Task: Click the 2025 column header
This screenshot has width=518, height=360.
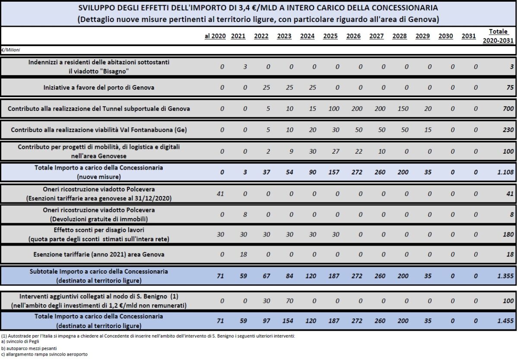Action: click(x=330, y=36)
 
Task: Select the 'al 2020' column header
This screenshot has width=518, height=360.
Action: click(x=215, y=36)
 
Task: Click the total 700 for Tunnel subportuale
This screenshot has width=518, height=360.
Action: click(x=508, y=109)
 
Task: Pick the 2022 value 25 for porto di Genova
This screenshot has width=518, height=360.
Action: click(x=266, y=88)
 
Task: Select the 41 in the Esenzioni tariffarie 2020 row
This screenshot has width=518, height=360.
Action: click(x=220, y=194)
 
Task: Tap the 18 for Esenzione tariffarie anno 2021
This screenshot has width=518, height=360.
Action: click(x=243, y=254)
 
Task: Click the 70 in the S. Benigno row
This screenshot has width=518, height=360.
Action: click(x=290, y=300)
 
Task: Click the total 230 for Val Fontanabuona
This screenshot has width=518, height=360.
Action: click(x=508, y=130)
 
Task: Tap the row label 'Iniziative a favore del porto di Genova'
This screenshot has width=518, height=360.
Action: click(x=99, y=88)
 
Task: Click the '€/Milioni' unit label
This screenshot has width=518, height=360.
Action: click(x=11, y=50)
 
